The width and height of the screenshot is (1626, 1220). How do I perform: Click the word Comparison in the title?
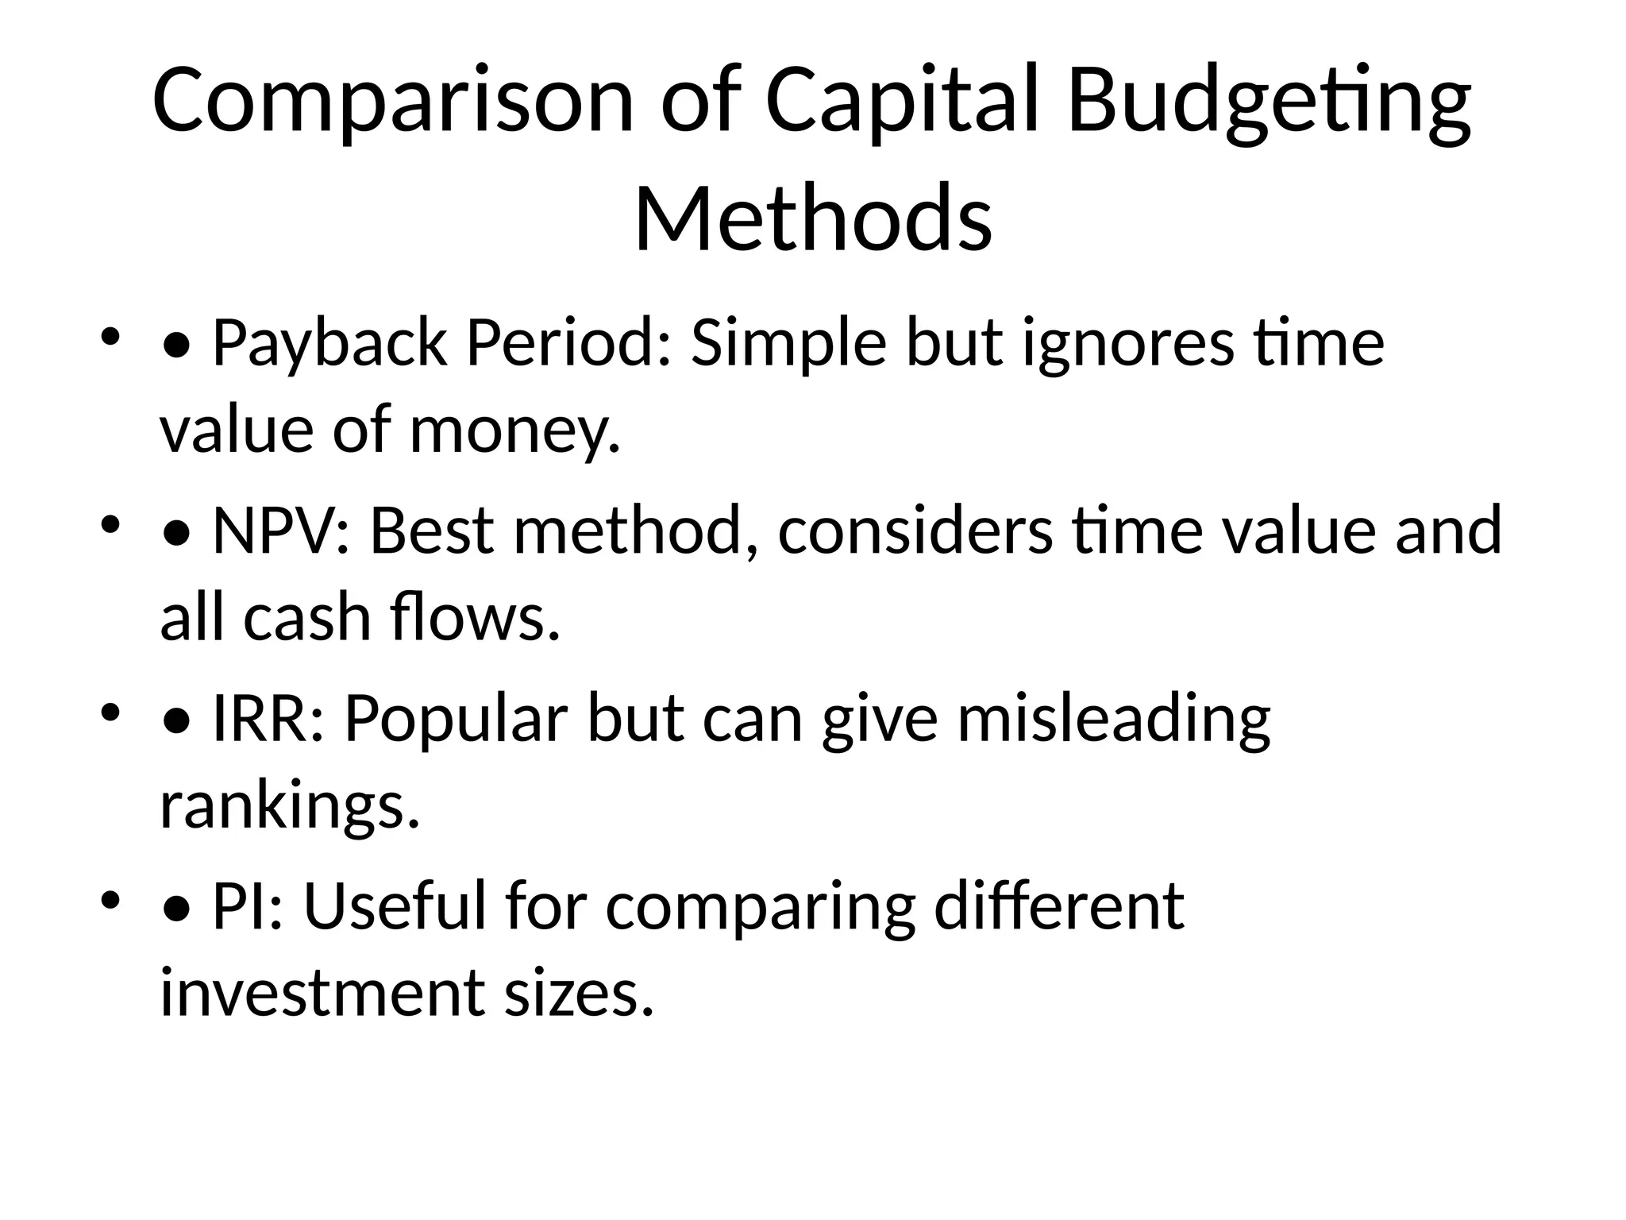tap(393, 101)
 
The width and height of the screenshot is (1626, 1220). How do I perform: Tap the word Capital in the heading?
tap(902, 101)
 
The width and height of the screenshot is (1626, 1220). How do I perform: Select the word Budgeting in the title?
tap(1269, 101)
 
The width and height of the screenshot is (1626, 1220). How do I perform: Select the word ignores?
tap(1128, 343)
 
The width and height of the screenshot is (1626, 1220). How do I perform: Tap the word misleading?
tap(1114, 719)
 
